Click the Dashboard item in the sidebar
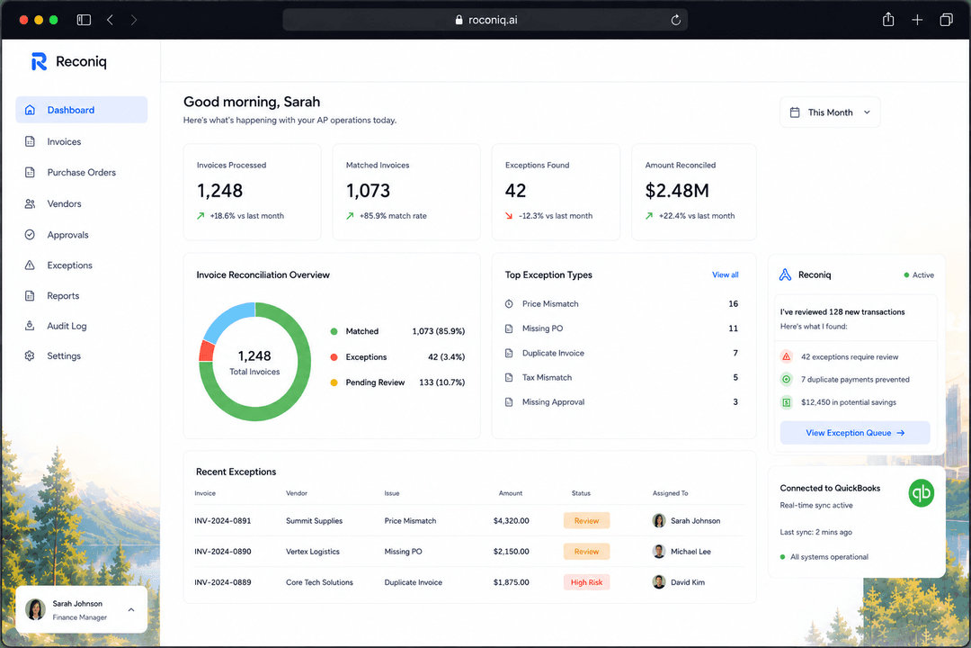pyautogui.click(x=81, y=110)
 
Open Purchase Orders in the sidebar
pyautogui.click(x=81, y=173)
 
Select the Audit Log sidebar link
pyautogui.click(x=67, y=326)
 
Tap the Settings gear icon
pyautogui.click(x=30, y=355)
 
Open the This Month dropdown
pyautogui.click(x=830, y=112)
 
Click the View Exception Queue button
pyautogui.click(x=855, y=433)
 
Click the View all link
pyautogui.click(x=726, y=274)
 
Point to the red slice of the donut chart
pyautogui.click(x=206, y=351)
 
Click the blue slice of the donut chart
pyautogui.click(x=226, y=320)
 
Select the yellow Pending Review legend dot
pyautogui.click(x=334, y=382)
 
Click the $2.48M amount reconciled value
pyautogui.click(x=677, y=191)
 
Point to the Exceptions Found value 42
pyautogui.click(x=515, y=191)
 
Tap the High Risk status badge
pyautogui.click(x=586, y=582)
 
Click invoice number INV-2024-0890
pyautogui.click(x=223, y=552)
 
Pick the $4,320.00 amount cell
pyautogui.click(x=511, y=521)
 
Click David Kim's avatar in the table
pyautogui.click(x=659, y=582)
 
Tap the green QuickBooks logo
pyautogui.click(x=921, y=493)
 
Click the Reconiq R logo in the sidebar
pyautogui.click(x=39, y=61)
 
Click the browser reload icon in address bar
pyautogui.click(x=675, y=20)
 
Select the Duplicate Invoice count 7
pyautogui.click(x=735, y=353)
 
